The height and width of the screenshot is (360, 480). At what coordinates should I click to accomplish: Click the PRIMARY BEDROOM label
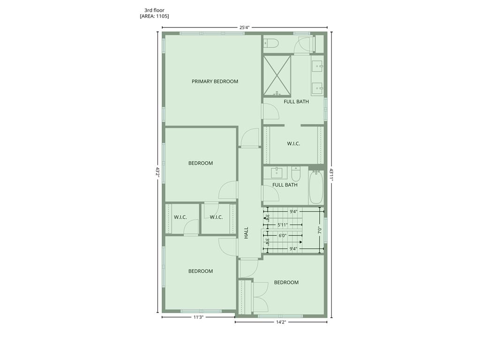pos(215,82)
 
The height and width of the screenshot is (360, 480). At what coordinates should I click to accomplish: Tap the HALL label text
pos(247,232)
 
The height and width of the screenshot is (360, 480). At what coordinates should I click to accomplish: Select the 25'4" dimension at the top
pos(244,28)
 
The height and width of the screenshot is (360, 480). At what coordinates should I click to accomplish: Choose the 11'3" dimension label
pos(198,317)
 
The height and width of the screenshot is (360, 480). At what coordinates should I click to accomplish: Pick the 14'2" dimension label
pos(281,322)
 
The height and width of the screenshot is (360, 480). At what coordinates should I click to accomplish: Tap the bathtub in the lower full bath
pos(316,187)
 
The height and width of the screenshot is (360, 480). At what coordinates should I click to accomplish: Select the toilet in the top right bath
pos(270,43)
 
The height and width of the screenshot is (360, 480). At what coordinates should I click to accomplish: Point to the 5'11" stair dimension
pos(283,225)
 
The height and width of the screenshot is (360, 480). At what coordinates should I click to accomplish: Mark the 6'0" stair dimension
pos(283,236)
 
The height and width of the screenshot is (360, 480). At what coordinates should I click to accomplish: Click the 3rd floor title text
pos(154,10)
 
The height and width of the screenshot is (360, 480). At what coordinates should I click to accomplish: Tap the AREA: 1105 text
pos(154,16)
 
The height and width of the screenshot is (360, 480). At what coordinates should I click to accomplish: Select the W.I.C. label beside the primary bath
pos(293,143)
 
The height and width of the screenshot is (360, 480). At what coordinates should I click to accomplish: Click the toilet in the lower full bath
pos(296,173)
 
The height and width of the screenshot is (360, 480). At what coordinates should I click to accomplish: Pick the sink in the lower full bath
pos(277,173)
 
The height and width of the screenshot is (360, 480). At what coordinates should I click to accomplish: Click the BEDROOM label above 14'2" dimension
pos(286,283)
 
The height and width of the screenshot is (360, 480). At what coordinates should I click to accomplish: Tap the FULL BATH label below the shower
pos(296,102)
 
